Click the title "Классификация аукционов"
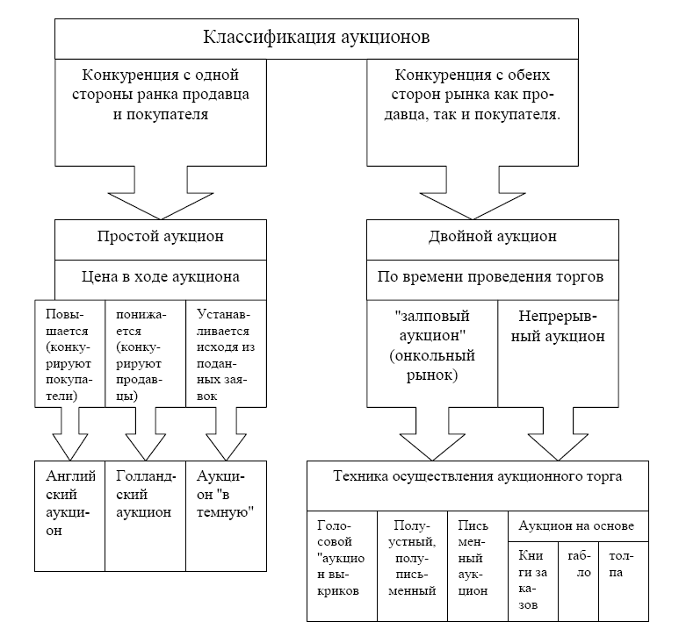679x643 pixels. [x=316, y=38]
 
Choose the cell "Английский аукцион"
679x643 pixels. [x=69, y=503]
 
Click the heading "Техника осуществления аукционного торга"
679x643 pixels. [x=478, y=477]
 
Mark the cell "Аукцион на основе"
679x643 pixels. [x=578, y=525]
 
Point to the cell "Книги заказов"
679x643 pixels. [x=533, y=580]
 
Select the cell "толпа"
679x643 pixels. [x=623, y=564]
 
